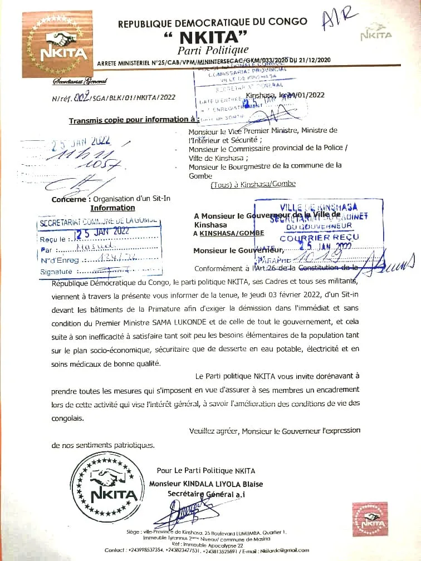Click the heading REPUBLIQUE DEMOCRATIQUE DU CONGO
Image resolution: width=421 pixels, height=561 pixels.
(212, 22)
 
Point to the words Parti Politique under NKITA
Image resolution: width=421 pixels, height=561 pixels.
(213, 50)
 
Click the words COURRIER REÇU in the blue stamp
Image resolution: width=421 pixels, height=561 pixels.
(319, 237)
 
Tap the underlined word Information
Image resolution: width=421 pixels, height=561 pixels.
(113, 208)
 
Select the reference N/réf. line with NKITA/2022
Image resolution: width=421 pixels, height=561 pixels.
(114, 97)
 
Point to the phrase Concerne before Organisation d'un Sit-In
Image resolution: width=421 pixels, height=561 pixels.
(71, 199)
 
